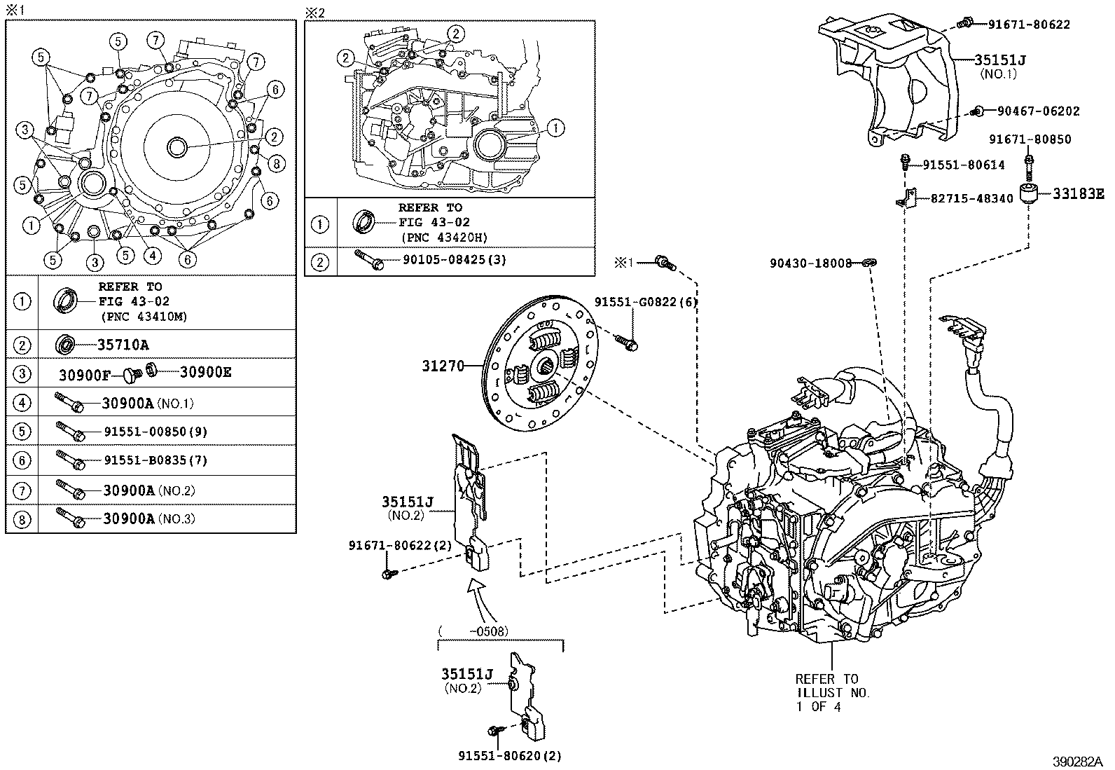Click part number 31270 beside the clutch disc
click(x=443, y=366)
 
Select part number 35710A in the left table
click(x=123, y=345)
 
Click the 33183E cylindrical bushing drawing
click(x=1029, y=195)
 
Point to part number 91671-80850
click(x=1030, y=139)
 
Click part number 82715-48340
click(x=971, y=199)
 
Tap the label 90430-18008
click(x=810, y=263)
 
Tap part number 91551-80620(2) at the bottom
click(x=510, y=756)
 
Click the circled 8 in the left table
click(x=22, y=520)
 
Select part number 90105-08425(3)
click(x=455, y=260)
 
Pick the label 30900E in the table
click(x=205, y=372)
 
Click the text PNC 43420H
click(x=444, y=238)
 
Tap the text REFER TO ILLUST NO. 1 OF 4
click(x=831, y=692)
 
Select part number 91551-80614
click(x=963, y=165)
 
